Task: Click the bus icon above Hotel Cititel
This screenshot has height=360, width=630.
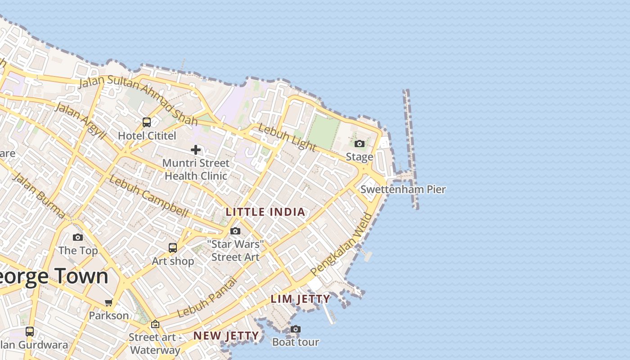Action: (x=147, y=122)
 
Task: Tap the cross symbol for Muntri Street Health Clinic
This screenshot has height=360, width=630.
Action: (x=196, y=150)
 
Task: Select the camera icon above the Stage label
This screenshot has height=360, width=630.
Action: (x=359, y=144)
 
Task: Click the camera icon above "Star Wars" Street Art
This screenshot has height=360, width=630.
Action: (x=235, y=231)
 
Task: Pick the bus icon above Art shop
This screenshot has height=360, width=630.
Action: (x=173, y=247)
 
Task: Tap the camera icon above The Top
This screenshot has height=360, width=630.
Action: (x=78, y=237)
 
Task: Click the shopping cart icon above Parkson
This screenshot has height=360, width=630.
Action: (x=108, y=302)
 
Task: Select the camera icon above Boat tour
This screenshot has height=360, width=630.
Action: (x=295, y=329)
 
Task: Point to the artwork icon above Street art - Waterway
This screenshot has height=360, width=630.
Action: (x=155, y=324)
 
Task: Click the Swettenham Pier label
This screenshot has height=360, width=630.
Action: (x=403, y=189)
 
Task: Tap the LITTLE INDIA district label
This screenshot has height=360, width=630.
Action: (x=265, y=212)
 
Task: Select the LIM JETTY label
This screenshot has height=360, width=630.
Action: (x=301, y=299)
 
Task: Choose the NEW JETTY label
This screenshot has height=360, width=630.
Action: (x=226, y=336)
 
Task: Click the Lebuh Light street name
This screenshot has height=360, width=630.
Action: (x=287, y=137)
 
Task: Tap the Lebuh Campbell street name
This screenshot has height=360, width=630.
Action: (x=148, y=196)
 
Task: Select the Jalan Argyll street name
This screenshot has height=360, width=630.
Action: (x=81, y=121)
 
